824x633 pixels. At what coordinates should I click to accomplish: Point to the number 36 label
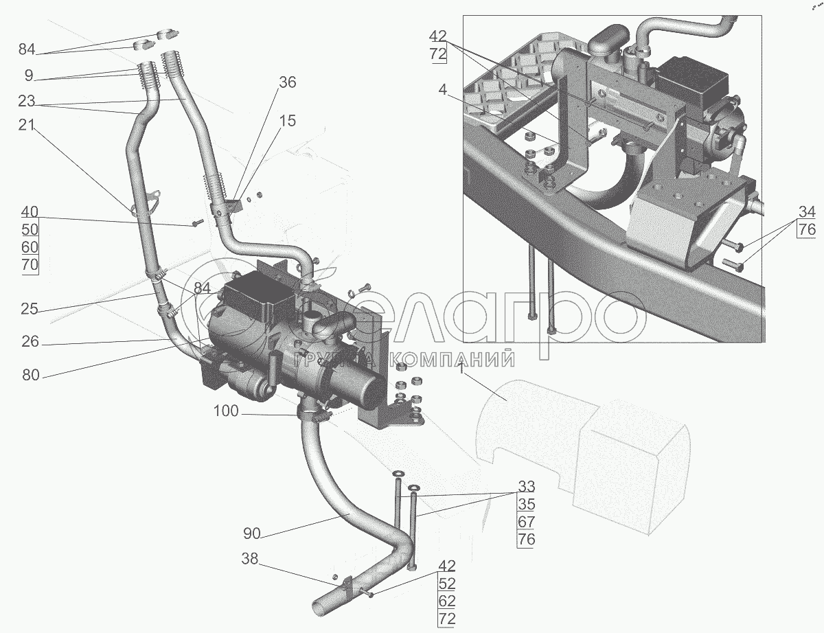[x=287, y=82]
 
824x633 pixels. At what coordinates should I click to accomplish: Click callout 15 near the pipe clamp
[x=287, y=121]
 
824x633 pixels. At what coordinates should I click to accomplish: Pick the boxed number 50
[x=30, y=229]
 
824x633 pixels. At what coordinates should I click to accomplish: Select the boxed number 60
[x=30, y=247]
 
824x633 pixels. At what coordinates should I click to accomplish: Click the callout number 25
[x=30, y=310]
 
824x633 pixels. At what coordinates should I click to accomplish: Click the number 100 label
[x=226, y=412]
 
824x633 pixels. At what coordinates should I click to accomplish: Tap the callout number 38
[x=249, y=560]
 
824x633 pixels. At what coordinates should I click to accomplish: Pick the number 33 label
[x=526, y=487]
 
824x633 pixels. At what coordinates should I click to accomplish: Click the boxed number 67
[x=526, y=522]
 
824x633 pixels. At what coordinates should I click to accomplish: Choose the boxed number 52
[x=447, y=584]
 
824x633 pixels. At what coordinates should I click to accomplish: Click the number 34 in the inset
[x=807, y=212]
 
